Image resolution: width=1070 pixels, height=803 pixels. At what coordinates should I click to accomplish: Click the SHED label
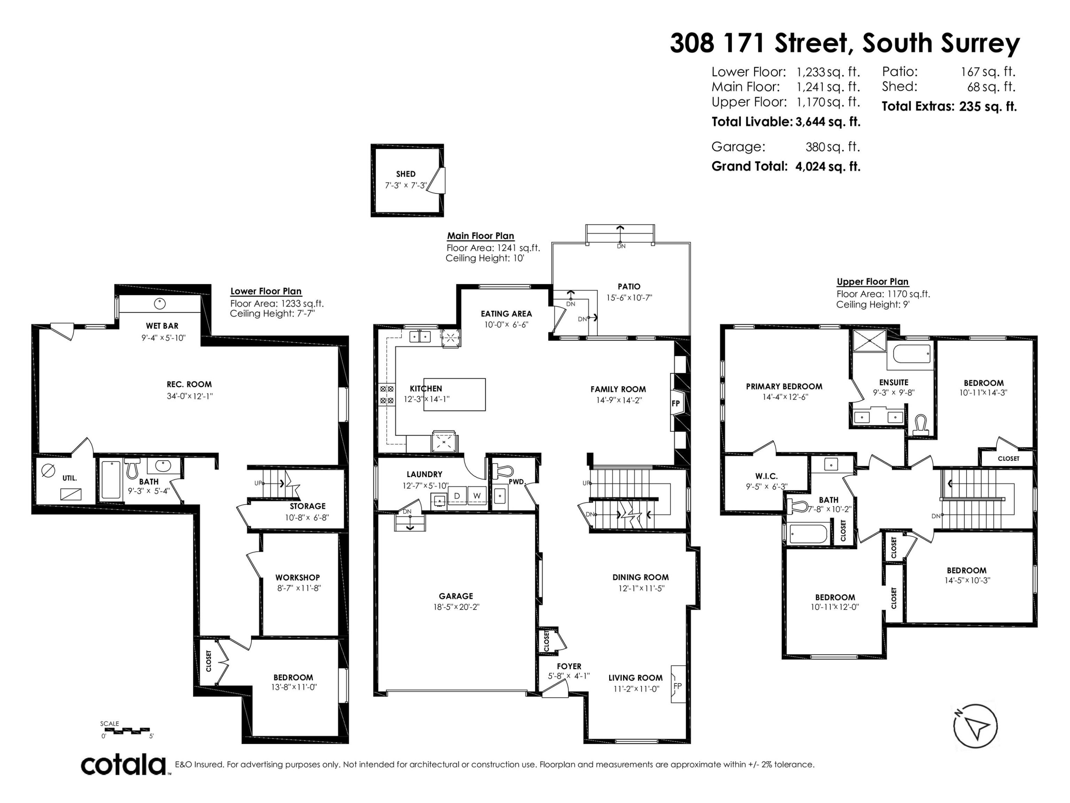coord(406,174)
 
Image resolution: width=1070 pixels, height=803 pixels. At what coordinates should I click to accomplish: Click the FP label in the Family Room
coord(676,403)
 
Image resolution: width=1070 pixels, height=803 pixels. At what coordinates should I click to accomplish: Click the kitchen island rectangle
coord(454,394)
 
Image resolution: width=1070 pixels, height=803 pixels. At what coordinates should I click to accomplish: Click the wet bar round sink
coord(160,303)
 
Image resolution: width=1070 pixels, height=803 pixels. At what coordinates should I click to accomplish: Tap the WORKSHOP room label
coord(297,577)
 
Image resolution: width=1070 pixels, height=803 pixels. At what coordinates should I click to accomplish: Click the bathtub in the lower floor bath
coord(111,480)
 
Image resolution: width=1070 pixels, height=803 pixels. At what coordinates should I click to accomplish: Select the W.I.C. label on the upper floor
coord(766,476)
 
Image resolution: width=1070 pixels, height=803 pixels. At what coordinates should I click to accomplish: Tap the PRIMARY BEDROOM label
coord(784,386)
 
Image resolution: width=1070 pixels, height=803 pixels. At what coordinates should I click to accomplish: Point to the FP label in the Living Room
coord(677,686)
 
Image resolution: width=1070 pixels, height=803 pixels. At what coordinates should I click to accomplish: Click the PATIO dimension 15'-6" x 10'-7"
coord(629,298)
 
